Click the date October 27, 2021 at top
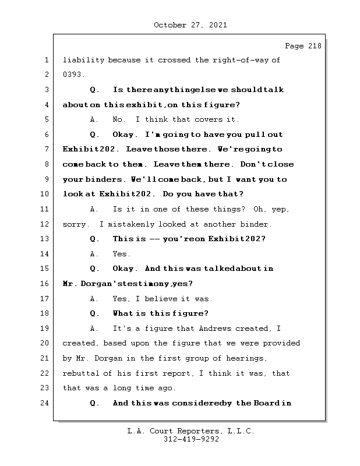[x=190, y=25]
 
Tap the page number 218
[x=312, y=46]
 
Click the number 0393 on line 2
[x=74, y=75]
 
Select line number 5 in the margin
[x=46, y=120]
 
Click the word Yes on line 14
[x=121, y=254]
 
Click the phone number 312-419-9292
[x=190, y=440]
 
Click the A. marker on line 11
[x=94, y=209]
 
